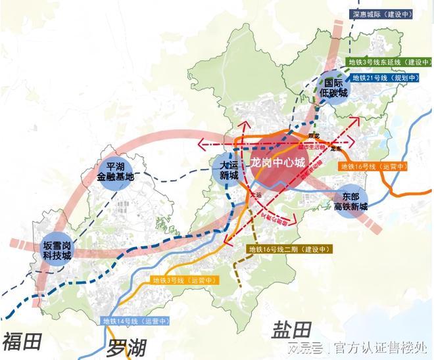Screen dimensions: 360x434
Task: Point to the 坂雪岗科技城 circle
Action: point(52,246)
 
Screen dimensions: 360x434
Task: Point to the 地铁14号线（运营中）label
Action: point(136,321)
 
